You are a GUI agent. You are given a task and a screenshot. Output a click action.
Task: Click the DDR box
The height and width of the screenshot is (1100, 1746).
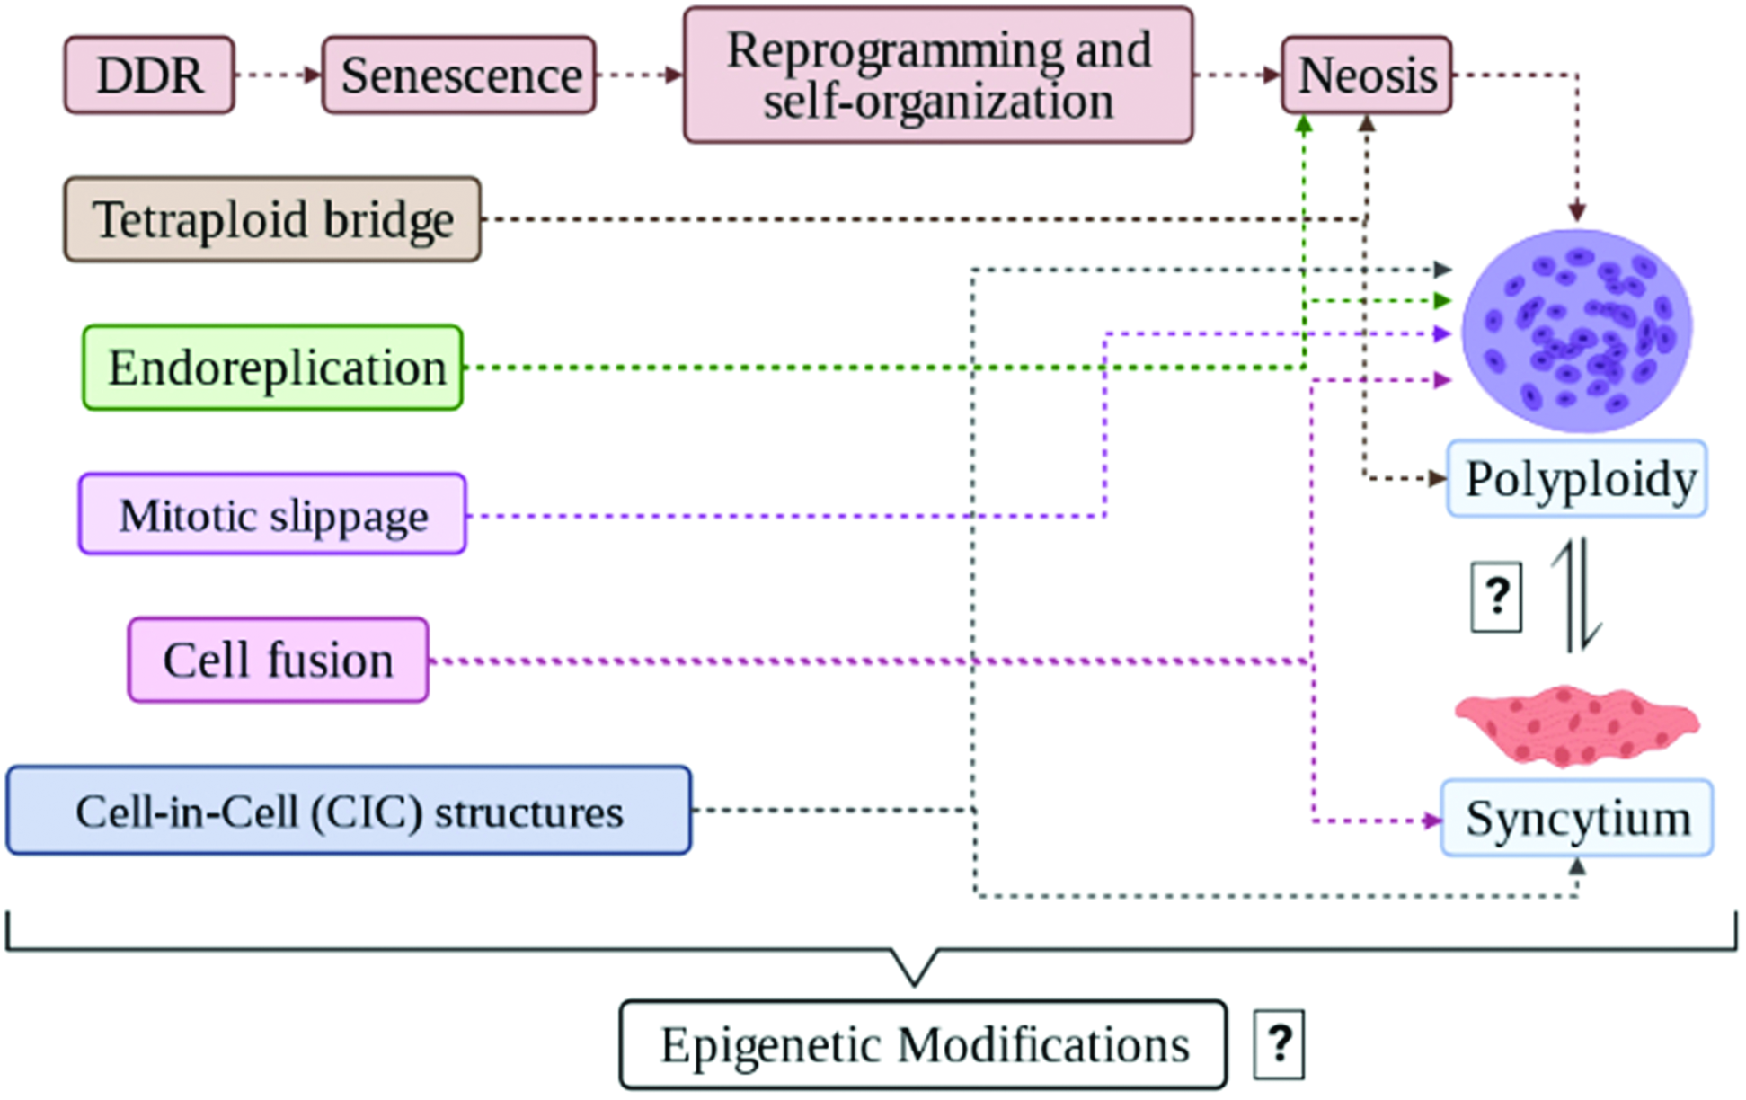(x=149, y=75)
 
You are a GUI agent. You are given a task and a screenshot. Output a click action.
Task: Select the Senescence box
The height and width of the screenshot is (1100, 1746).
(x=459, y=75)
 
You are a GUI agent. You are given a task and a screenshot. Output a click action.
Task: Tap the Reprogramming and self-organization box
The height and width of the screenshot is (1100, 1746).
(x=938, y=75)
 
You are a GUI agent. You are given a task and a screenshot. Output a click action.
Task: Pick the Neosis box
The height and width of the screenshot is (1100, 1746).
(x=1367, y=75)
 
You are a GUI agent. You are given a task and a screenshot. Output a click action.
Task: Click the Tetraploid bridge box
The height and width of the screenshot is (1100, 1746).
(x=272, y=219)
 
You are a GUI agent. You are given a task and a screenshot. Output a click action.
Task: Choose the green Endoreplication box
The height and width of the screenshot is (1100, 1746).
(x=273, y=368)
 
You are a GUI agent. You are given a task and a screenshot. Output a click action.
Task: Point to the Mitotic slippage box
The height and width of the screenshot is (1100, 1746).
(x=272, y=514)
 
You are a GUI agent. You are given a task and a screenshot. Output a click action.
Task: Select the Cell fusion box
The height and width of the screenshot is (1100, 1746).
(x=279, y=660)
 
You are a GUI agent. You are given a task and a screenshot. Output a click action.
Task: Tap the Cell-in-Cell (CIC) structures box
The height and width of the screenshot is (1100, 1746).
(x=349, y=811)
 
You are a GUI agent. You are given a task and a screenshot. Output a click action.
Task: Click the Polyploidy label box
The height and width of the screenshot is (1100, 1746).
(x=1577, y=478)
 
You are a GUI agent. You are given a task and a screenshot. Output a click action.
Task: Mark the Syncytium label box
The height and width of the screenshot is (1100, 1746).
(x=1577, y=818)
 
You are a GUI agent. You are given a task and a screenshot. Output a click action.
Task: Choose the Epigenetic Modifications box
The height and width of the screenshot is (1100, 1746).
(x=924, y=1044)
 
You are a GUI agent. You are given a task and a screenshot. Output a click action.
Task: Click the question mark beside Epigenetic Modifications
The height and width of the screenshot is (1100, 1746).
(x=1279, y=1044)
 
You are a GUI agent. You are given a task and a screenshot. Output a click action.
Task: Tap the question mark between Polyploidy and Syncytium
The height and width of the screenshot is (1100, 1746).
(x=1496, y=597)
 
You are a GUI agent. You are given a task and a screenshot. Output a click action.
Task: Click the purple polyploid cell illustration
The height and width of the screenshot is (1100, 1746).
(x=1577, y=331)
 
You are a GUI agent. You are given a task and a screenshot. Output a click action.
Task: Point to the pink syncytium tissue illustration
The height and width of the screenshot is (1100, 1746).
(x=1577, y=725)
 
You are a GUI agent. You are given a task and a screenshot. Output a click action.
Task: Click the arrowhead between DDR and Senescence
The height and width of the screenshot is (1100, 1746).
(x=313, y=75)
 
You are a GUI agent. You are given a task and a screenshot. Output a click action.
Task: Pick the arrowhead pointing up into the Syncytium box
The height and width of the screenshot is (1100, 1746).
(x=1577, y=866)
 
